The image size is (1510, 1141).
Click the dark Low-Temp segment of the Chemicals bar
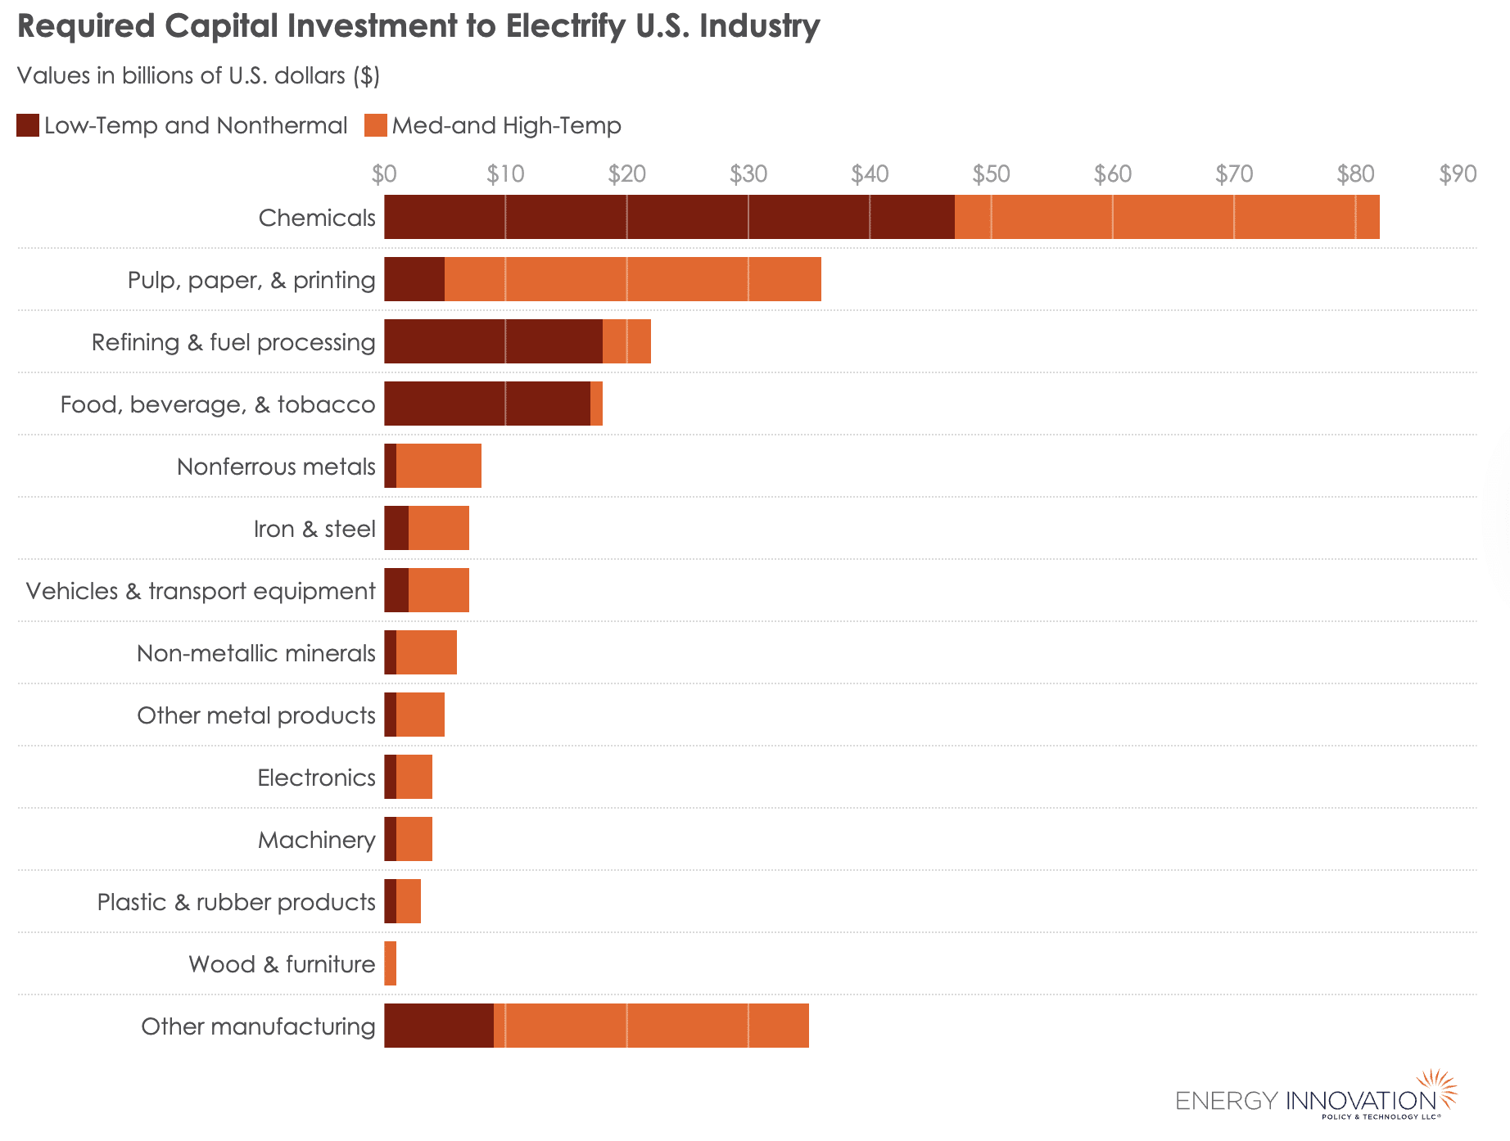669,217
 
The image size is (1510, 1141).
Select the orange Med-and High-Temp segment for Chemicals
1167,217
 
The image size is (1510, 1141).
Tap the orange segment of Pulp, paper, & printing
632,279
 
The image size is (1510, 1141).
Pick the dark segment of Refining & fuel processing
493,341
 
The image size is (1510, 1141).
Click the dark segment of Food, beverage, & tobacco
487,404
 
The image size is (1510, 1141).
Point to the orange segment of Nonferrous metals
439,466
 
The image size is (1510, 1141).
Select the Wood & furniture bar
391,963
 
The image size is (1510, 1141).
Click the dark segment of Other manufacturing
439,1026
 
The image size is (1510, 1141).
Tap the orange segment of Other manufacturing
651,1026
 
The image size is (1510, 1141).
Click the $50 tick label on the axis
991,174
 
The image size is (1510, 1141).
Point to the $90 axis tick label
1458,174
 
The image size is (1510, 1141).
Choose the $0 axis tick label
383,174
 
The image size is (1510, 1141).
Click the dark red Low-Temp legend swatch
28,125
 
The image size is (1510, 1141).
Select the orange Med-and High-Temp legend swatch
376,125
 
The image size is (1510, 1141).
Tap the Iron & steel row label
314,529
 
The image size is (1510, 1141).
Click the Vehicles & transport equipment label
201,591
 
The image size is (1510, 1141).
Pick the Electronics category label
316,778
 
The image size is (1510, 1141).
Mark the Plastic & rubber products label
236,902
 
